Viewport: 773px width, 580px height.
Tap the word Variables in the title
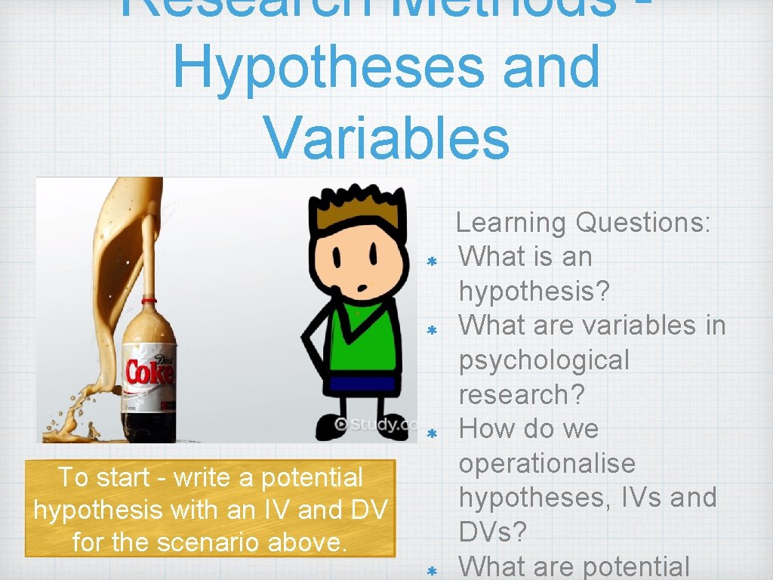386,137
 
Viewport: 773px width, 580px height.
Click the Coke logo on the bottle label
149,372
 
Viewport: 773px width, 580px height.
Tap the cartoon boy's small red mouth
363,285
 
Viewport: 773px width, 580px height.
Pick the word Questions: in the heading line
643,223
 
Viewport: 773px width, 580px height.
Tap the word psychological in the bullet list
544,360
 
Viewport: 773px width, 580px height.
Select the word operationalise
547,463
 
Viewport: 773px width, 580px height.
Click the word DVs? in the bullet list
493,532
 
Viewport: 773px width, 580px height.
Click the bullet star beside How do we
433,433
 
